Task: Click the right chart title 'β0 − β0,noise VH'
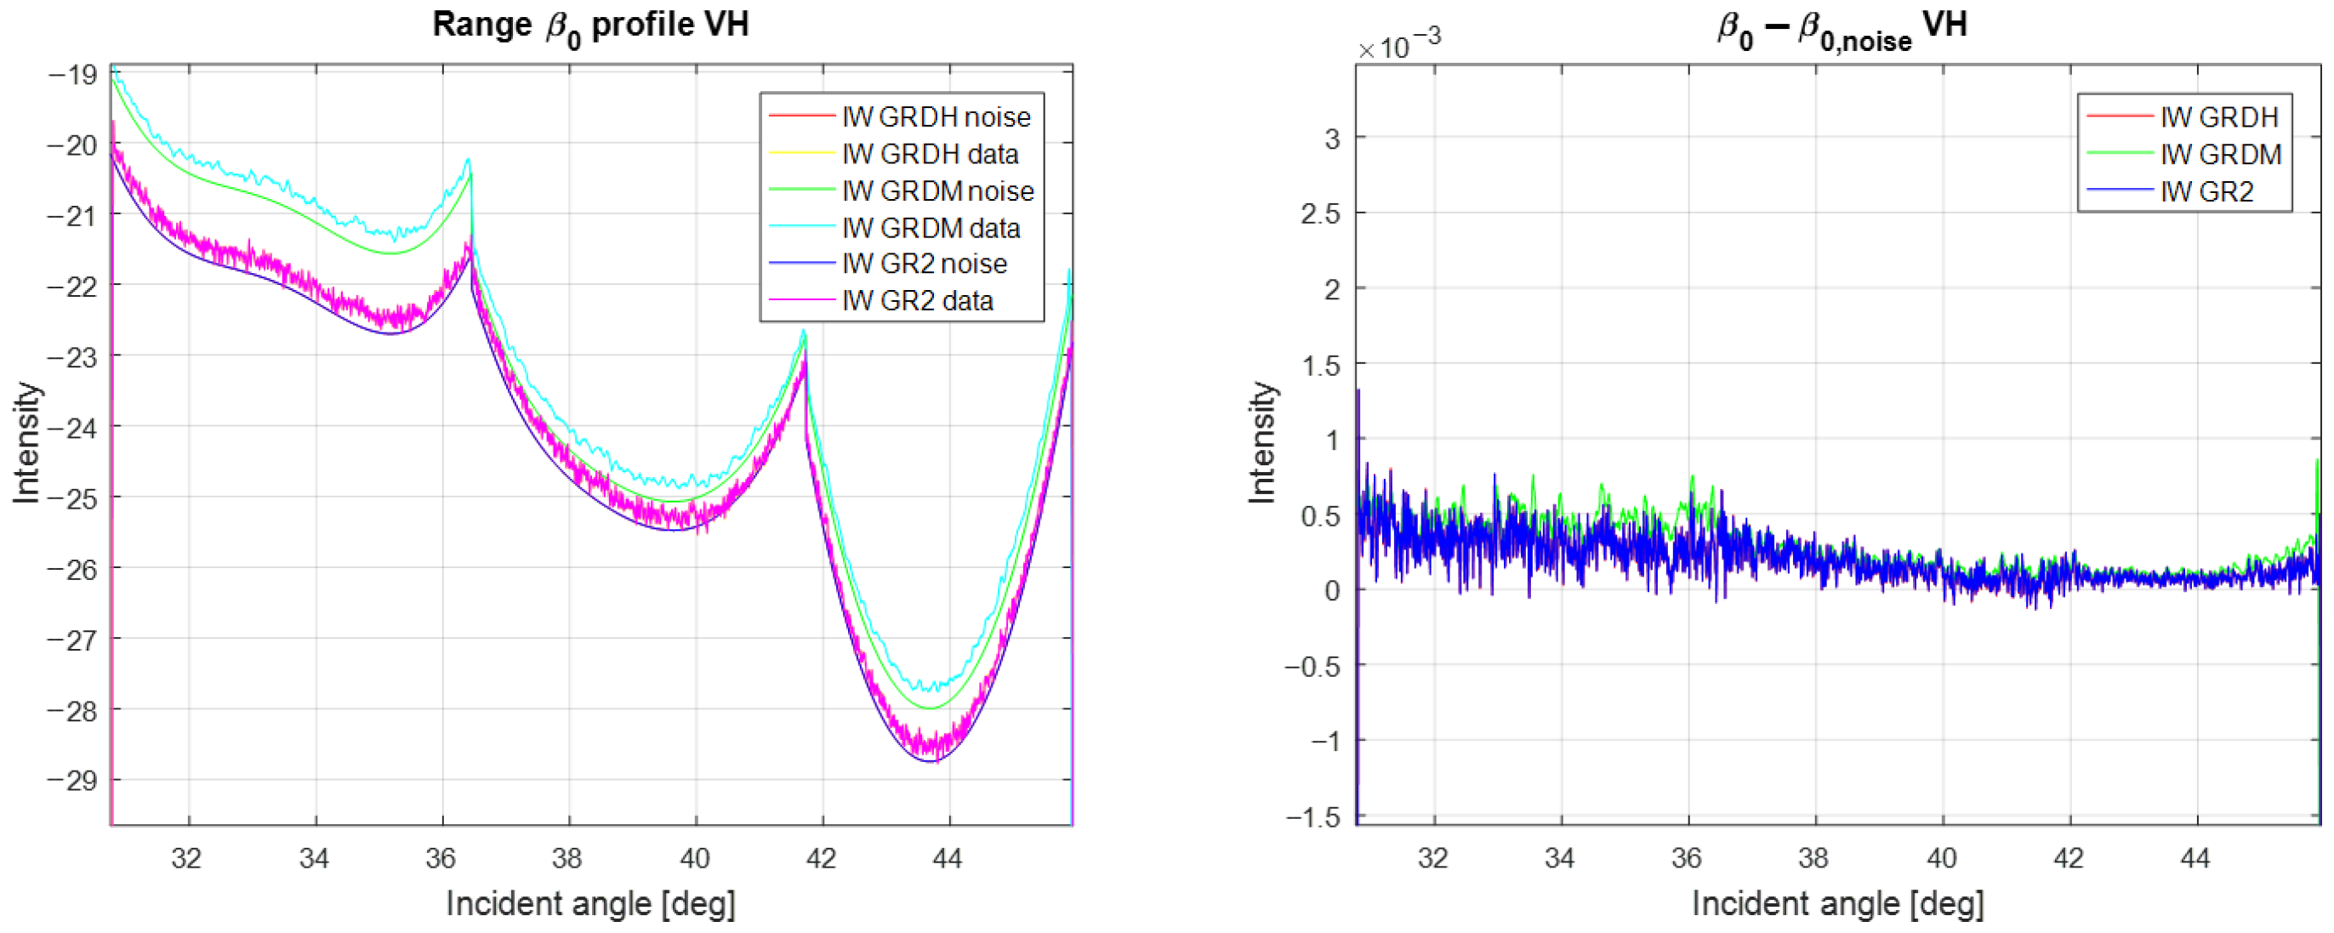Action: (1842, 26)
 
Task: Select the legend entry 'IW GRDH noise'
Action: (935, 117)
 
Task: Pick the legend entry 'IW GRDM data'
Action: (931, 227)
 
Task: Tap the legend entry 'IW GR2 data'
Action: (917, 301)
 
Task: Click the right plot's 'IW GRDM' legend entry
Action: (2220, 155)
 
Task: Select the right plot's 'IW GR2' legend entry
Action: (2206, 192)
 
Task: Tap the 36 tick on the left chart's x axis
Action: (441, 858)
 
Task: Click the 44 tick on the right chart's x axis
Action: (2195, 858)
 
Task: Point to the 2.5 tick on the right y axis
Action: (1320, 213)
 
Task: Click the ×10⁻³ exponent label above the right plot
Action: (1398, 43)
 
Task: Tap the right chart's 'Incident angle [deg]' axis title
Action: (1837, 904)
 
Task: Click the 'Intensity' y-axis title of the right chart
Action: (1261, 442)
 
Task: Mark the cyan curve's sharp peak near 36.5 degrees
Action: (469, 161)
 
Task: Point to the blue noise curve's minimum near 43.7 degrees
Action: (931, 761)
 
